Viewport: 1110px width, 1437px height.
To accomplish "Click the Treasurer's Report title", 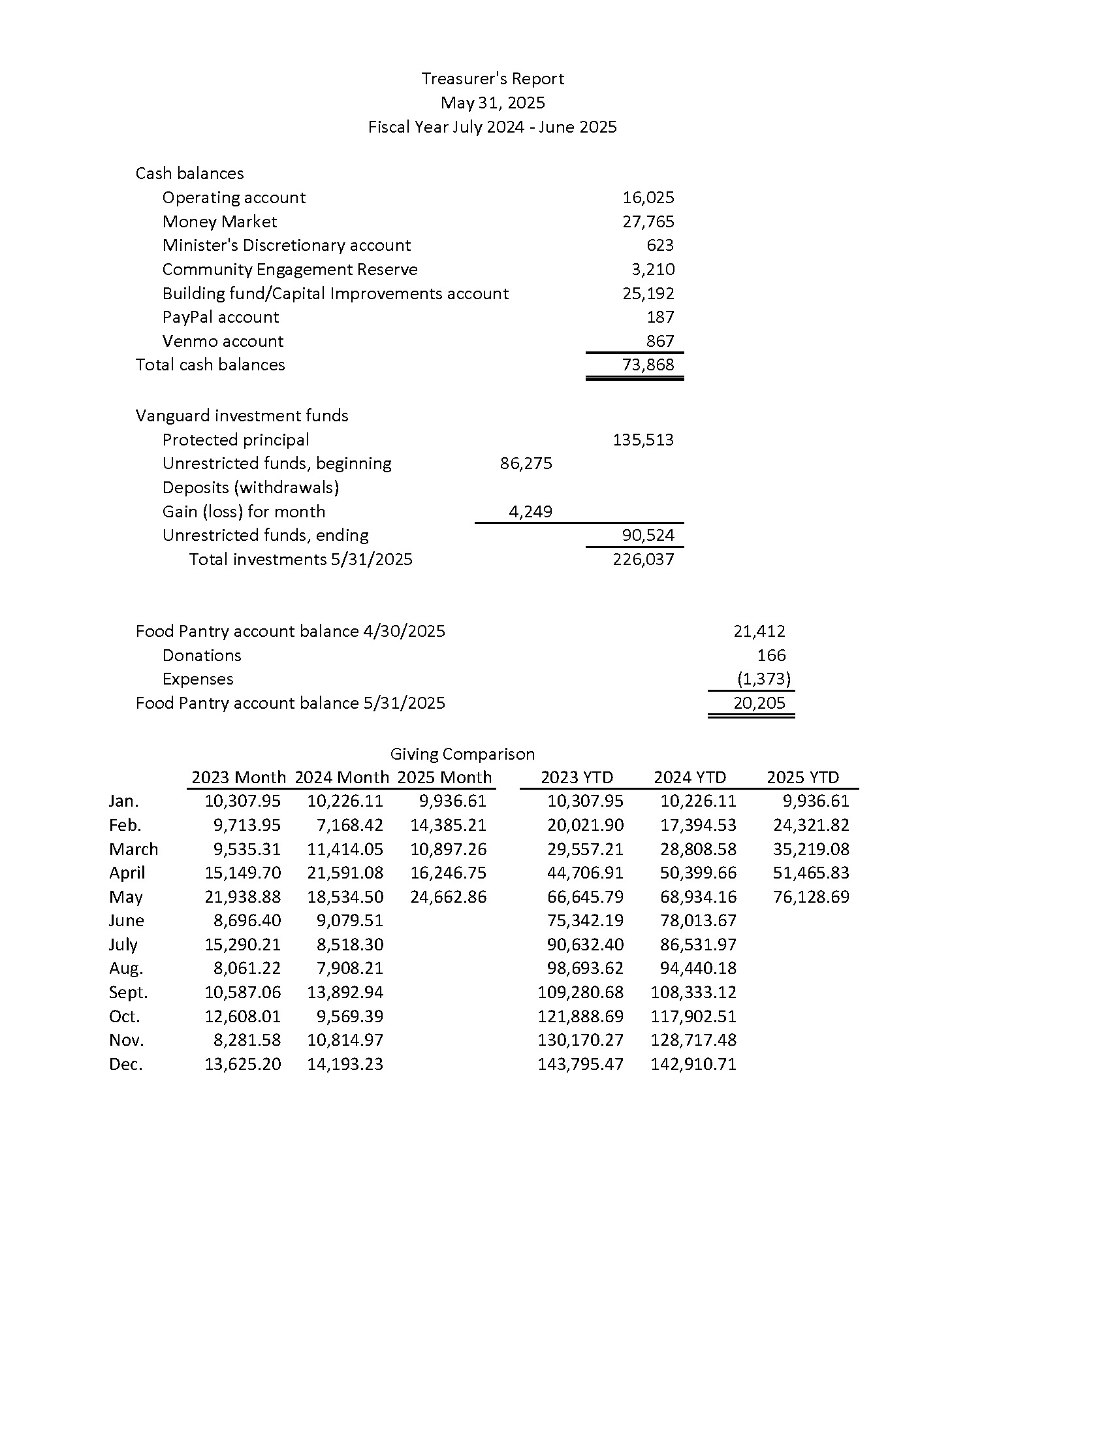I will click(492, 79).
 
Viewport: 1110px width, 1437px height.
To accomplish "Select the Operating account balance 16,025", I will click(648, 197).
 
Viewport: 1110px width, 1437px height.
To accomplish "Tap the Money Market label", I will click(219, 221).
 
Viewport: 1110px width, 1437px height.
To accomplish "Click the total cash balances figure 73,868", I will click(648, 364).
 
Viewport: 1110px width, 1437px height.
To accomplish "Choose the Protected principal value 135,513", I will click(643, 440).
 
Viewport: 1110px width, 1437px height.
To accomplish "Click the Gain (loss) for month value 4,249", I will click(530, 511).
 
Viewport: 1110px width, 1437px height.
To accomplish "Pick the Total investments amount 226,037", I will click(643, 559).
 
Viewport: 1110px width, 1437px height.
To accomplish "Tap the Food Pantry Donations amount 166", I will click(770, 655).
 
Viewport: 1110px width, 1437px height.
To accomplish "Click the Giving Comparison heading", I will click(462, 754).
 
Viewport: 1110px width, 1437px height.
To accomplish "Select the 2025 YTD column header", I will click(802, 778).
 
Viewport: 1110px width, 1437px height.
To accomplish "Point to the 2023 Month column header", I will click(238, 778).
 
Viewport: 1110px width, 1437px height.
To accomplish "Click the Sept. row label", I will click(128, 992).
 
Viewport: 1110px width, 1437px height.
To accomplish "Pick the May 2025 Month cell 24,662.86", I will click(448, 897).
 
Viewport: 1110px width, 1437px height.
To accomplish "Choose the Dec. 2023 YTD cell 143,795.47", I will click(580, 1064).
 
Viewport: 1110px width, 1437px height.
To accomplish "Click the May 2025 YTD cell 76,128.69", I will click(811, 897).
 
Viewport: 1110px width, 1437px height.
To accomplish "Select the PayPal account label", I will click(220, 317).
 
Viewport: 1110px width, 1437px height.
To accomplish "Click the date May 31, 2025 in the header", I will click(492, 103).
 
